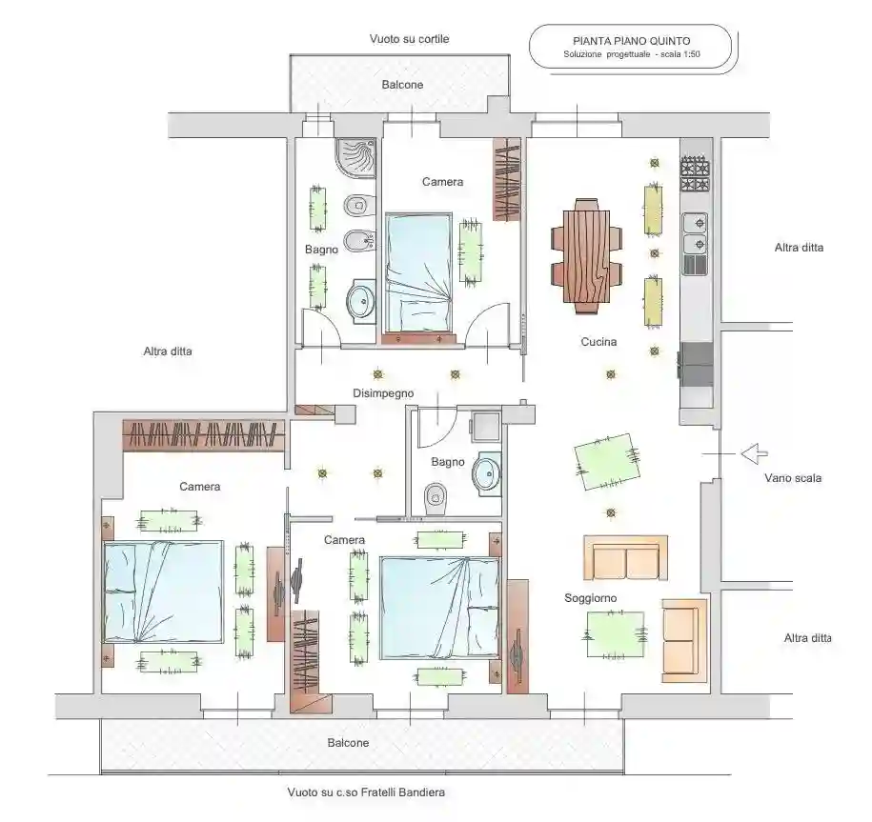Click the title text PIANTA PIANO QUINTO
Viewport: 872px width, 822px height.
pos(631,41)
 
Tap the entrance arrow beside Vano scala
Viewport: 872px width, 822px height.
pos(754,453)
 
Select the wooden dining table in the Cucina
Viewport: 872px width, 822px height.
pos(586,256)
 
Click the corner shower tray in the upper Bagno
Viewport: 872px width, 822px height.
pos(356,158)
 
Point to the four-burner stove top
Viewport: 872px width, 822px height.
pos(695,174)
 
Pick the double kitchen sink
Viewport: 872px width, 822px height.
pos(695,234)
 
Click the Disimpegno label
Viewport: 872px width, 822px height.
pos(383,393)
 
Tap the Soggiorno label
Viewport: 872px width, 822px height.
pos(590,598)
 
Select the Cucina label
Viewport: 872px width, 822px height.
pos(598,342)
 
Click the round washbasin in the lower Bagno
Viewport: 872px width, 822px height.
pos(487,473)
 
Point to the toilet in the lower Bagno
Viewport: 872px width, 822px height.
pos(436,497)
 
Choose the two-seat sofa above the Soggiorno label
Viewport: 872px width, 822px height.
pos(625,558)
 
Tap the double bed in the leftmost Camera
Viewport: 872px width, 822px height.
pos(163,591)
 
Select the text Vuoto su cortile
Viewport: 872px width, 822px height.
pos(409,39)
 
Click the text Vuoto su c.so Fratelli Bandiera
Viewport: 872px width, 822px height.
pos(366,792)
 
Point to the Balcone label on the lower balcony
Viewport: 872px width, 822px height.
pos(348,743)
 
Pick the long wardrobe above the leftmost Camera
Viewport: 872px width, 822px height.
pos(204,434)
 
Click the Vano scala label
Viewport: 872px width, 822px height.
pos(793,478)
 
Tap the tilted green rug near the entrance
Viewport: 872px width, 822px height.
pos(607,462)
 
